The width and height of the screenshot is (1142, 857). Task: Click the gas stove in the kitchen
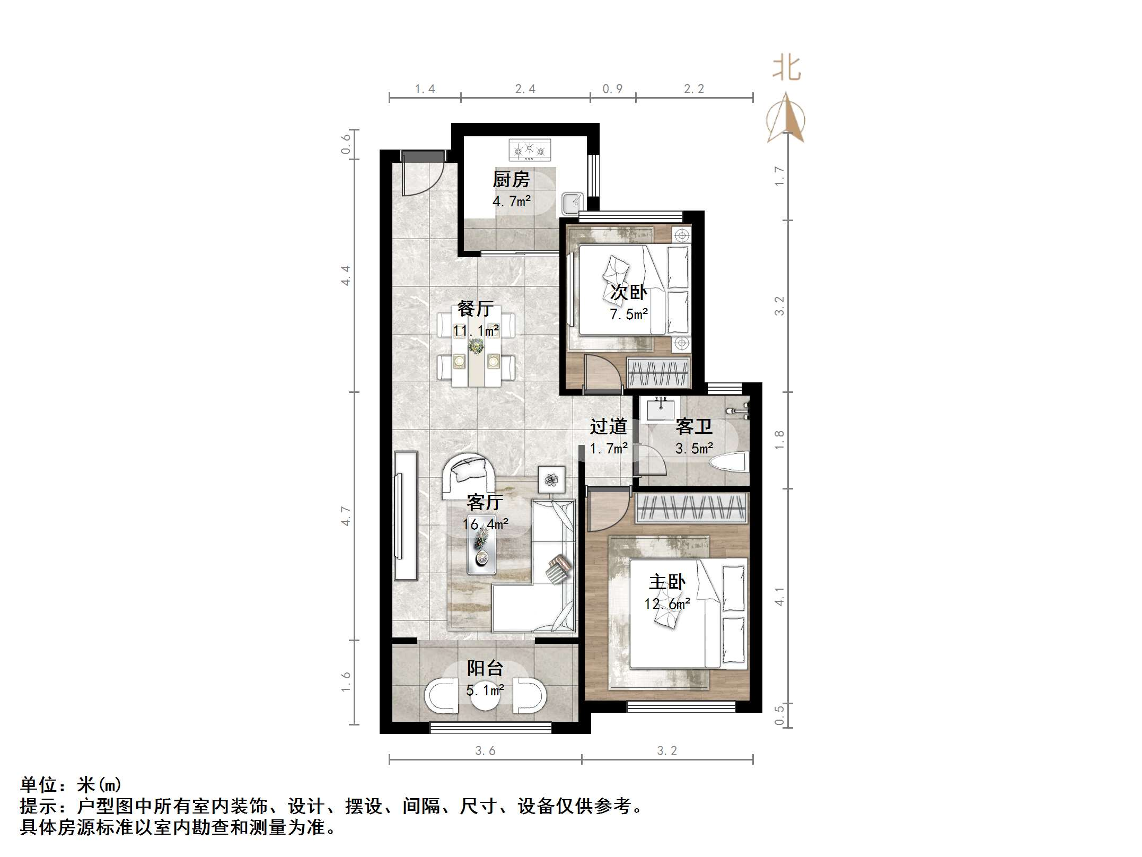coord(530,150)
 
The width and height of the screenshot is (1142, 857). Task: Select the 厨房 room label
coord(511,180)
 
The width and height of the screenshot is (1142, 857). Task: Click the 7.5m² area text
coord(629,314)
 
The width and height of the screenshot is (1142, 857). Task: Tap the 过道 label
coord(608,426)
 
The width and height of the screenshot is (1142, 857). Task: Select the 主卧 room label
coord(667,582)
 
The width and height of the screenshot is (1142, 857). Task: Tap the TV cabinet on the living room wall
coord(406,514)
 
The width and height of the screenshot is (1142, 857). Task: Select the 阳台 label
coord(485,668)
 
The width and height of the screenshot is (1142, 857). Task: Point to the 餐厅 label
coord(476,309)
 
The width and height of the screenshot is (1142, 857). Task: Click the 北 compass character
coord(786,69)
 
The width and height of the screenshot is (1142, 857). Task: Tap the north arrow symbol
coord(786,119)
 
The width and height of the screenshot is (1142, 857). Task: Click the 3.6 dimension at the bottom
coord(485,750)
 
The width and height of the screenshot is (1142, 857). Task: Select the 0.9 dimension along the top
coord(612,89)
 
